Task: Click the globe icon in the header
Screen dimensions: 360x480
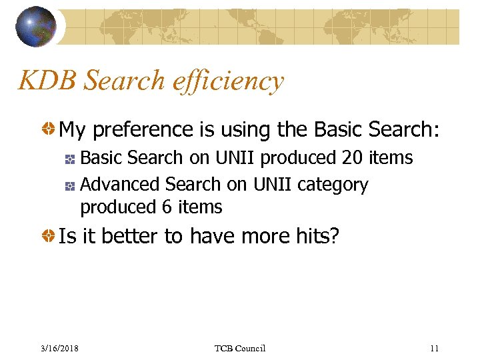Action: (x=36, y=27)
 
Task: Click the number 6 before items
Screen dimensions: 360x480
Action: (x=167, y=207)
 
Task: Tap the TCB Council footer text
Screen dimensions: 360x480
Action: (x=240, y=348)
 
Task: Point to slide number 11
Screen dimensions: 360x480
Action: (x=435, y=348)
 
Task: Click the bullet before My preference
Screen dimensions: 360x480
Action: (x=47, y=129)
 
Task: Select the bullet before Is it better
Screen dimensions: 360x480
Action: (x=47, y=236)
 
